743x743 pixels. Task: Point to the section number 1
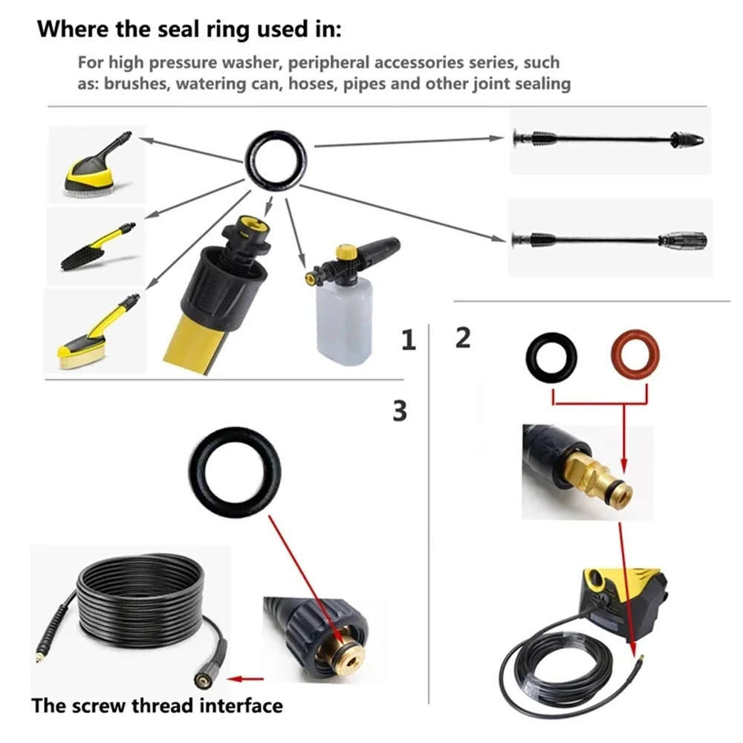(x=407, y=341)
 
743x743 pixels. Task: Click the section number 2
(x=462, y=338)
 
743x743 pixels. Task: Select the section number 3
(x=400, y=411)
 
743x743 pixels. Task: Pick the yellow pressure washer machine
(x=623, y=599)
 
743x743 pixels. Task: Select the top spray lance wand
(x=610, y=137)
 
